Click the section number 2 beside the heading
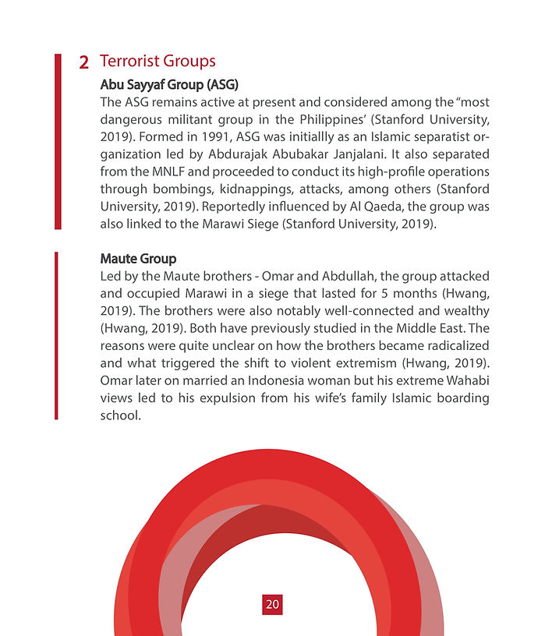click(83, 62)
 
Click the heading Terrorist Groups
click(157, 62)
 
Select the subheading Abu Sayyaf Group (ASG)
click(169, 83)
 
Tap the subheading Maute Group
click(138, 258)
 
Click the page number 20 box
click(272, 604)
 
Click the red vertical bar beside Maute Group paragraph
click(56, 335)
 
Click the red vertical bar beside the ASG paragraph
click(58, 141)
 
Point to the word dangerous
click(133, 119)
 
